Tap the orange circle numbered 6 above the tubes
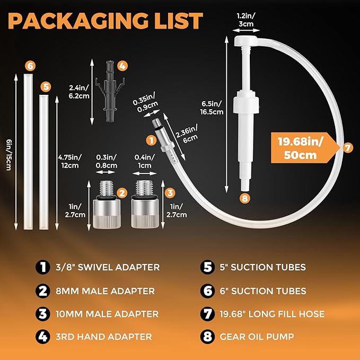pyautogui.click(x=30, y=66)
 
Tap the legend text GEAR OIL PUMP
pyautogui.click(x=250, y=336)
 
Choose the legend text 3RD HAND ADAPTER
pyautogui.click(x=114, y=336)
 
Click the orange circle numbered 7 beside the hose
pyautogui.click(x=347, y=148)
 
